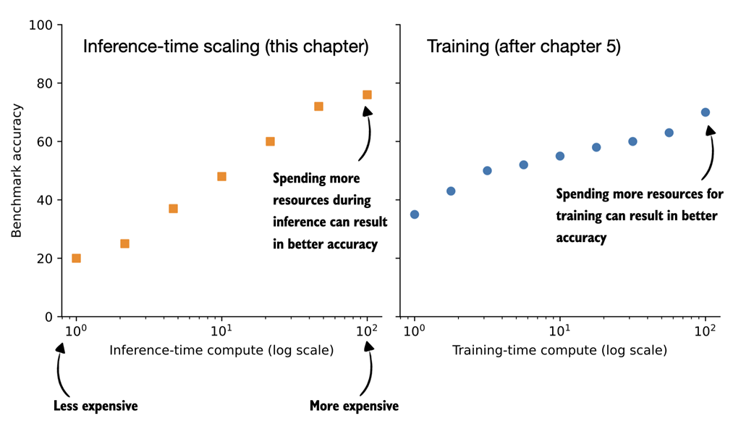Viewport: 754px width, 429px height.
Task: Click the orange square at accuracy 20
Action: click(76, 258)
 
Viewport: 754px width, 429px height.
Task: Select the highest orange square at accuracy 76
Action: click(367, 95)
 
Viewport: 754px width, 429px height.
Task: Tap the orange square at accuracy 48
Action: click(221, 177)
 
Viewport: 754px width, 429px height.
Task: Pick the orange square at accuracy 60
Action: click(270, 141)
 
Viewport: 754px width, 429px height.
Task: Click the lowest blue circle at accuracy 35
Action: click(414, 214)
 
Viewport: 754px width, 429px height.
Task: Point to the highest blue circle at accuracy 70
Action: click(705, 112)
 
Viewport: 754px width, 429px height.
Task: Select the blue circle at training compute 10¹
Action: click(559, 156)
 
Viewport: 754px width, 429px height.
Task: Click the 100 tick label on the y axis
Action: click(41, 25)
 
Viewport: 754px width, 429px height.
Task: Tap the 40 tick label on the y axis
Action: click(45, 200)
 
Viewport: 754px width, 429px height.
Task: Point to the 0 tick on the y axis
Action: click(48, 317)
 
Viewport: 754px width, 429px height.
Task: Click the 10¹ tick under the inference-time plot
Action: click(221, 330)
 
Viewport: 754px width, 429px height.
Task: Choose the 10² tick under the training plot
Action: click(705, 330)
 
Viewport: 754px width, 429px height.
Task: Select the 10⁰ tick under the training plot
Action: click(414, 330)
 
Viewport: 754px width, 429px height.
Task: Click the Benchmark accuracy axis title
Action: click(17, 170)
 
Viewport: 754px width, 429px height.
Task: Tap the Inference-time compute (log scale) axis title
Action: click(221, 351)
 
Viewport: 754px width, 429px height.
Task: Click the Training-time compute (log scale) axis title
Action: click(559, 351)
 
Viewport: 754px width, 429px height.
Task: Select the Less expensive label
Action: click(96, 406)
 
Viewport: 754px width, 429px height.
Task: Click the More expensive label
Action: click(354, 406)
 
